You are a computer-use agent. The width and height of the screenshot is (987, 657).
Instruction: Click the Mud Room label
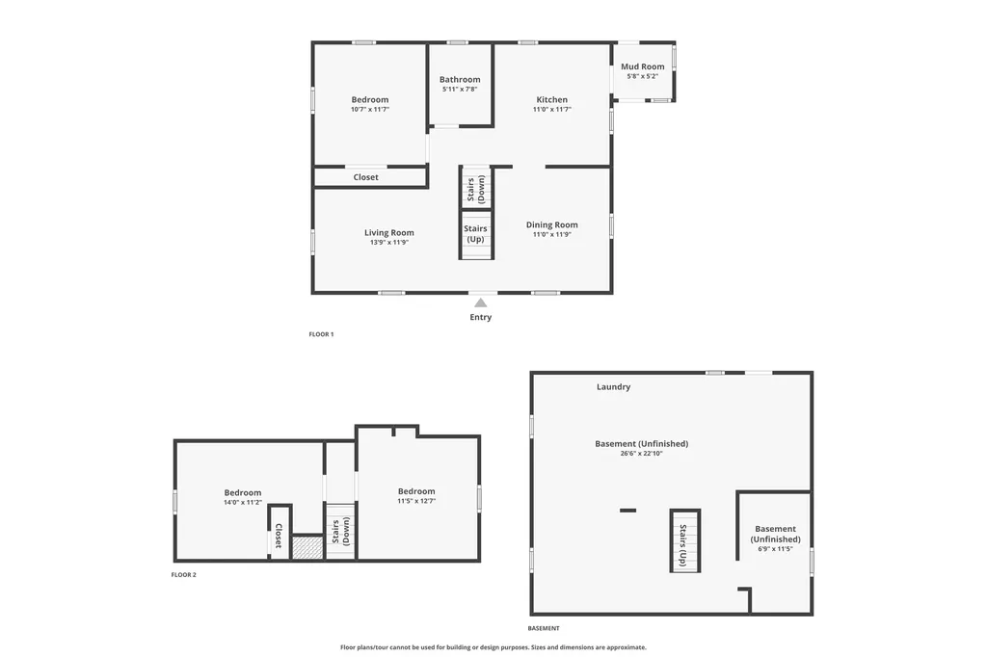tap(642, 66)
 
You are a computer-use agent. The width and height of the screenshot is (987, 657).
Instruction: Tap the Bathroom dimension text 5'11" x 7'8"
tap(460, 90)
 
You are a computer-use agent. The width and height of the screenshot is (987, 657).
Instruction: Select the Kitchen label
tap(551, 99)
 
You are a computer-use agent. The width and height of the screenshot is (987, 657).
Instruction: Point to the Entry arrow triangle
tap(480, 302)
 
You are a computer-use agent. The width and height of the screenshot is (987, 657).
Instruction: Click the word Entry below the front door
tap(480, 317)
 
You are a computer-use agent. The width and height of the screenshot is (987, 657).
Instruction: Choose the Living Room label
tap(389, 232)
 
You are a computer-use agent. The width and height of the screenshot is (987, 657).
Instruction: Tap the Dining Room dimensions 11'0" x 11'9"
tap(551, 235)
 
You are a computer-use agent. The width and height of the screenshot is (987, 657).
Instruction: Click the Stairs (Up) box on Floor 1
tap(476, 234)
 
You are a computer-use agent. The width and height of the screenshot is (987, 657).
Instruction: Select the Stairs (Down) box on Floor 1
tap(476, 187)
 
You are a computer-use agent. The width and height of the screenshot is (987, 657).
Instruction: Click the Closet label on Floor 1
tap(365, 177)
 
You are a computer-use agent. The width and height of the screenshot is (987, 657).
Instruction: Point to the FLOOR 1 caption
tap(321, 334)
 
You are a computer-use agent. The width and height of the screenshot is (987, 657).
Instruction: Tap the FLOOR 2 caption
tap(184, 574)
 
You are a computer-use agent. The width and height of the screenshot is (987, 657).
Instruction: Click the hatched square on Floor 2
tap(307, 546)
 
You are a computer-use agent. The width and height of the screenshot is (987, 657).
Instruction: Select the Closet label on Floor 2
tap(279, 536)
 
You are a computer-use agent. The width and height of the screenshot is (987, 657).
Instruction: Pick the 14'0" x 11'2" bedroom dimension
tap(242, 503)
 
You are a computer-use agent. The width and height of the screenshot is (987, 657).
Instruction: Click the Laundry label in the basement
tap(613, 387)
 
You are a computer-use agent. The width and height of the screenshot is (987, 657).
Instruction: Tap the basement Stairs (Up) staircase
tap(685, 541)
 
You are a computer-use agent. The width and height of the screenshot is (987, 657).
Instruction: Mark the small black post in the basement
tap(627, 511)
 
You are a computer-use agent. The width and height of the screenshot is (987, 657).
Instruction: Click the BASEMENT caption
tap(544, 628)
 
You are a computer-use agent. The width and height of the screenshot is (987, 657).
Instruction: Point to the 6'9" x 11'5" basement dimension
tap(775, 549)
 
